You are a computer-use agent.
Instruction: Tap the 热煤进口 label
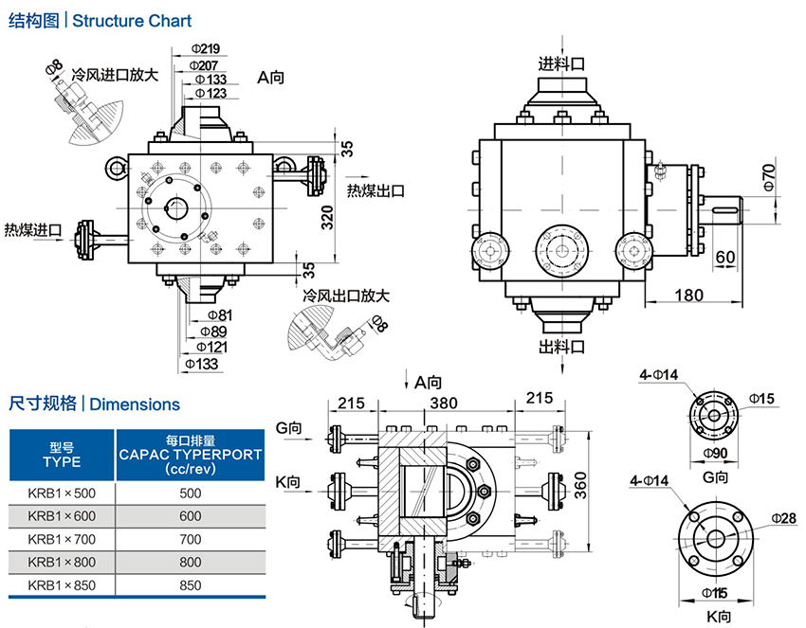click(33, 230)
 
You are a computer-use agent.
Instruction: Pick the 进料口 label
click(561, 63)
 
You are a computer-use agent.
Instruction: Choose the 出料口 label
click(561, 344)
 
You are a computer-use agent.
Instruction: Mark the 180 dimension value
click(689, 295)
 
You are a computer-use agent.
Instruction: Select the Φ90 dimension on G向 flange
click(718, 454)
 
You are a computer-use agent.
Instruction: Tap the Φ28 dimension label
click(784, 517)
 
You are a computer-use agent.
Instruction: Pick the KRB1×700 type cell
click(62, 539)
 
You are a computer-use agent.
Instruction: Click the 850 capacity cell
click(191, 585)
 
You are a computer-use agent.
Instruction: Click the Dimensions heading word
click(136, 404)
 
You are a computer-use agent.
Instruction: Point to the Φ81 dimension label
click(218, 314)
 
